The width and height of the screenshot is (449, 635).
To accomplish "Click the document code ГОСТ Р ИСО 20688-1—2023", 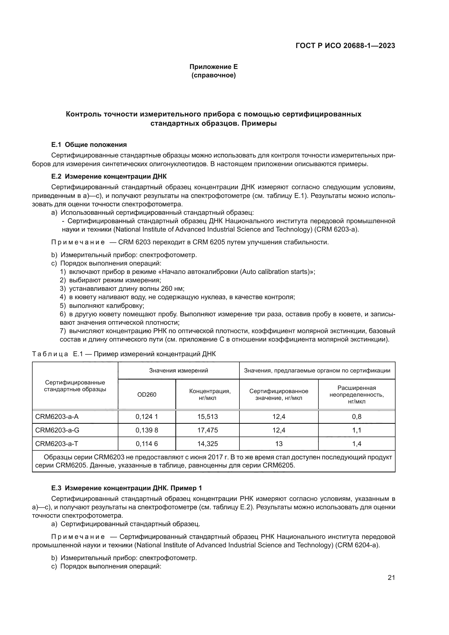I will pos(345,46).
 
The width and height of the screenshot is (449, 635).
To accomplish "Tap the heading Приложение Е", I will pos(213,67).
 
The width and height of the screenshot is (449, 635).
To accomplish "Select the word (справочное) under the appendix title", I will pos(213,75).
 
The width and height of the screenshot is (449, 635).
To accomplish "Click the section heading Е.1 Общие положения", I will pos(89,145).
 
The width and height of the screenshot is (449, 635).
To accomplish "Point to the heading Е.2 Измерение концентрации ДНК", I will pos(109,176).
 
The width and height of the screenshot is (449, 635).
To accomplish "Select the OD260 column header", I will pos(147,395).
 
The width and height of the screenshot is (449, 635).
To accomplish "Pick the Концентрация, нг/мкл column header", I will pos(207,395).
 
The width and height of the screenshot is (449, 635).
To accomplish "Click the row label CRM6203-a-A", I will pos(57,416).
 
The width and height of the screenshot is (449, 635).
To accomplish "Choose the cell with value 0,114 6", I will pos(147,444).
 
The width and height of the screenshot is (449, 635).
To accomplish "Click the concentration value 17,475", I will pos(207,430).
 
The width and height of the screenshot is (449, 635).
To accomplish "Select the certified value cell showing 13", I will pos(279,444).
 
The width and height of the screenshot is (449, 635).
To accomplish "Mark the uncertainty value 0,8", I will pos(357,416).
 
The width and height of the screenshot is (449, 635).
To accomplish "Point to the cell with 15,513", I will pos(207,416).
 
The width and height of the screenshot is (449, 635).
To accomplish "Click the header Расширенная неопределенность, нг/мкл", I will pos(357,395).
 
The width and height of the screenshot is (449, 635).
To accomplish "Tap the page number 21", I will pos(391,578).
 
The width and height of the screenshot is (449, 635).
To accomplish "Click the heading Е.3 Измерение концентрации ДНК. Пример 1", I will pos(127,488).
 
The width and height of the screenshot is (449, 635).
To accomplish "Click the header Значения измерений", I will pos(179,371).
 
